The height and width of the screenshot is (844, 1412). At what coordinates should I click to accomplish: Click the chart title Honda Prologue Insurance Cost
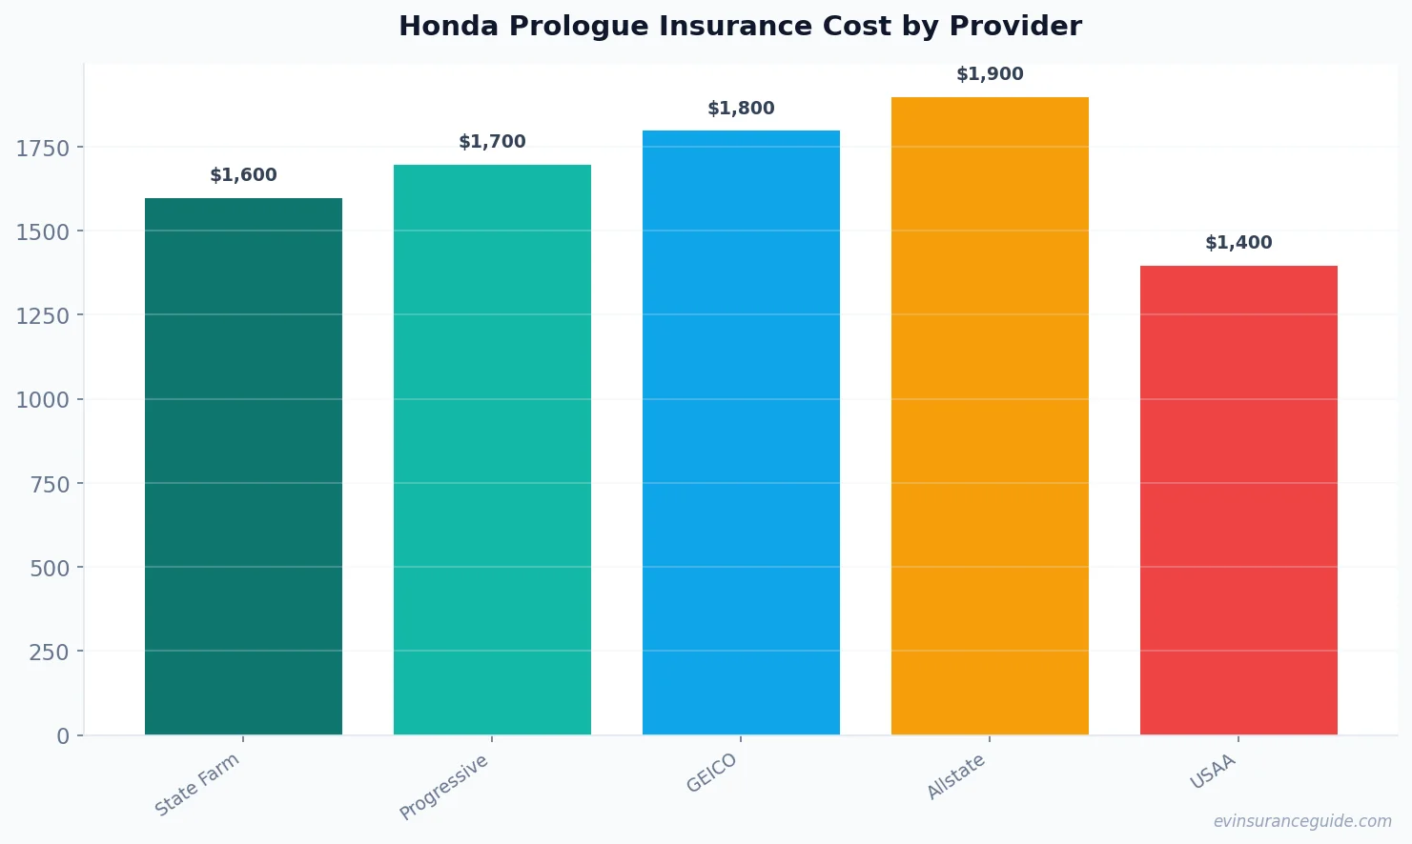coord(740,27)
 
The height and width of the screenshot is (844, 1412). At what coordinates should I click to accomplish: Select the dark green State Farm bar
coord(243,467)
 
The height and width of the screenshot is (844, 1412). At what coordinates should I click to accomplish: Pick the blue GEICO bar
coord(741,432)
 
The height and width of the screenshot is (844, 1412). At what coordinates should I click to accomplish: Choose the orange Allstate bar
coord(990,416)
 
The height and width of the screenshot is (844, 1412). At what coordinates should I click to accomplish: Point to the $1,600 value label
coord(243,175)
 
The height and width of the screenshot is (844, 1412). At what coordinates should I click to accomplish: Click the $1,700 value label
coord(492,142)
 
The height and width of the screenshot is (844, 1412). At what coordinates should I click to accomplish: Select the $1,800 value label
coord(741,109)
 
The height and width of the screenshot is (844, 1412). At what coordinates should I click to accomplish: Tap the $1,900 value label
coord(990,74)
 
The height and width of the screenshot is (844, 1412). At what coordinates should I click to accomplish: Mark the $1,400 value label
coord(1238,243)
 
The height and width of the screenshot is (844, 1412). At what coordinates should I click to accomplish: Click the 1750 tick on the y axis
coord(43,148)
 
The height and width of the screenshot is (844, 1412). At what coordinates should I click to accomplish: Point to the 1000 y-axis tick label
coord(43,400)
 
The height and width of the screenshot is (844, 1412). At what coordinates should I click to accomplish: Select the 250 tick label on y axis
coord(49,653)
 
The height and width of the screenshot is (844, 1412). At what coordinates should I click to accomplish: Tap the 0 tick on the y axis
coord(63,736)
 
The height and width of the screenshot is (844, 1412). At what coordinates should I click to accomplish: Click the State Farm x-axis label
coord(197,785)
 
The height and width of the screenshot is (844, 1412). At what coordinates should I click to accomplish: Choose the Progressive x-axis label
coord(444,787)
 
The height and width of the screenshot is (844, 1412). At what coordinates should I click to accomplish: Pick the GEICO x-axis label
coord(712,773)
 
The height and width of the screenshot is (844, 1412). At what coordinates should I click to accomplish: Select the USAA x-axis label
coord(1213,772)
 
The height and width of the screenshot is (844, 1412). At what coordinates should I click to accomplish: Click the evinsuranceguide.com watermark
coord(1302,821)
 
